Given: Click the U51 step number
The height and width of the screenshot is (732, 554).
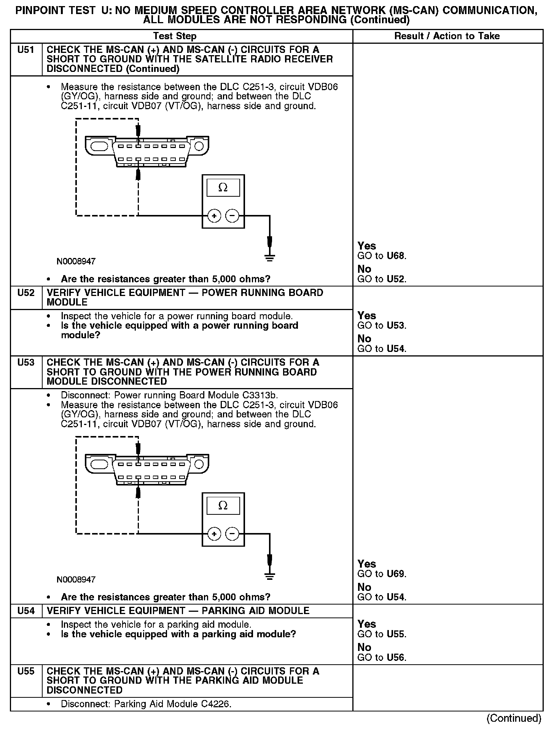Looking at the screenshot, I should (25, 50).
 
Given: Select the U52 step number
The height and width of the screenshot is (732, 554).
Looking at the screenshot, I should (25, 293).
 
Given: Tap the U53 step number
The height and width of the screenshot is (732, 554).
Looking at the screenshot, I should (25, 362).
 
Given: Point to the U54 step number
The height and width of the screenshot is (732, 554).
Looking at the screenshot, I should (25, 611).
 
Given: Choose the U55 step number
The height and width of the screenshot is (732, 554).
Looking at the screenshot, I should (25, 671).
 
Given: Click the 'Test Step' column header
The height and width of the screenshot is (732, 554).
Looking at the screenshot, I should (175, 36).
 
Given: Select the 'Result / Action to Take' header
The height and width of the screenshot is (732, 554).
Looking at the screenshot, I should (447, 36).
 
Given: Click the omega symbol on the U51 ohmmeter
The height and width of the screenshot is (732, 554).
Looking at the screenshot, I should (223, 188).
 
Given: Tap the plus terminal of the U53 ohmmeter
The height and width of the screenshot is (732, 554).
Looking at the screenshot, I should (214, 534).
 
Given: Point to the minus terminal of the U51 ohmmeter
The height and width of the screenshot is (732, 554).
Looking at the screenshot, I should (232, 216).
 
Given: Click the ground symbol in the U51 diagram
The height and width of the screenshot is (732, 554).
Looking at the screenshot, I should (269, 258).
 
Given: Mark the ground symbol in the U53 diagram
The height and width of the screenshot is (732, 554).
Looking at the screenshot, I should (269, 576).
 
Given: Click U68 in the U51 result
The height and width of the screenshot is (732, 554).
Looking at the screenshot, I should (396, 256).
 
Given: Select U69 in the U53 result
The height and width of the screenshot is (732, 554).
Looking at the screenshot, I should (396, 574).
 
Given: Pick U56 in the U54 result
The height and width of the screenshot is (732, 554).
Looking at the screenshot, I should (396, 657).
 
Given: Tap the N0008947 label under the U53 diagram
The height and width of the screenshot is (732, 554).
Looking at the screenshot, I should (76, 579).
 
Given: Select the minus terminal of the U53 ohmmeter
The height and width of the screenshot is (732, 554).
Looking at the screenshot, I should (232, 534).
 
